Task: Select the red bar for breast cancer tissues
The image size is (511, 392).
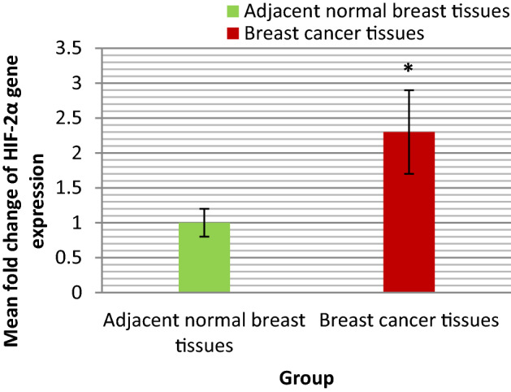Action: tap(409, 212)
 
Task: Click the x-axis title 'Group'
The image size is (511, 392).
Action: tap(306, 378)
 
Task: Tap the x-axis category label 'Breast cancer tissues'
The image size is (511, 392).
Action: tap(409, 321)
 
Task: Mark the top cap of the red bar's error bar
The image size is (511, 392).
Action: tap(409, 90)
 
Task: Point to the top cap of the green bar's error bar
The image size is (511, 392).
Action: tap(204, 209)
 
